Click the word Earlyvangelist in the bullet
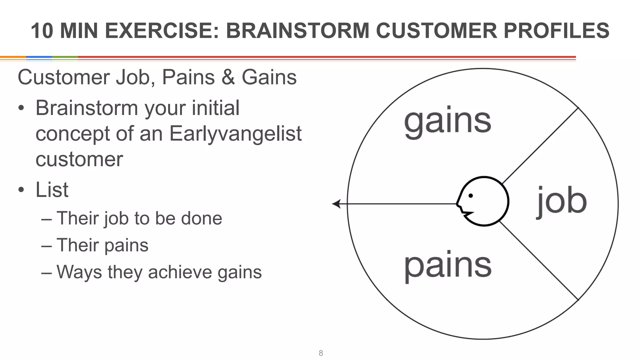[x=235, y=134]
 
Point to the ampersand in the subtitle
[x=228, y=77]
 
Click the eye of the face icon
[x=471, y=196]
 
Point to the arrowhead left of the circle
[x=336, y=204]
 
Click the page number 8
[x=321, y=353]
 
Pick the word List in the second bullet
[x=52, y=190]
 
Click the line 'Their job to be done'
[x=139, y=218]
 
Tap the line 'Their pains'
[x=102, y=245]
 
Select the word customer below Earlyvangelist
[x=79, y=159]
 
